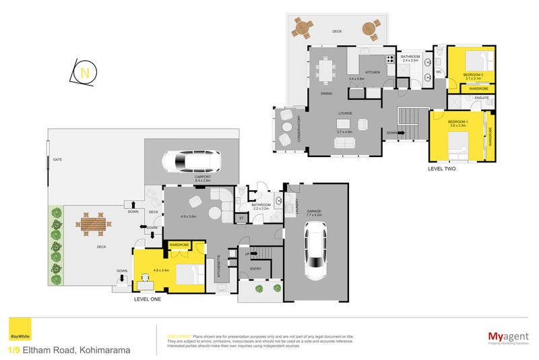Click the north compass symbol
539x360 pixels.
pos(84,72)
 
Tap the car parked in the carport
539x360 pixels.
pos(192,162)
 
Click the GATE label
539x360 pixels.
pos(58,159)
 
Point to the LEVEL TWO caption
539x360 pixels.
pos(442,169)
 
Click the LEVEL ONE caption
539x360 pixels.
pos(148,299)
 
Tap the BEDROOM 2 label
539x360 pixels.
pos(474,74)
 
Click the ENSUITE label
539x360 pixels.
pos(481,98)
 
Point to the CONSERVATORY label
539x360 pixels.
pos(299,129)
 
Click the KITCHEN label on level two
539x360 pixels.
pos(373,71)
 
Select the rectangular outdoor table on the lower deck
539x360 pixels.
pos(92,223)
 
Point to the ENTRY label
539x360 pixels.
pos(255,268)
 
